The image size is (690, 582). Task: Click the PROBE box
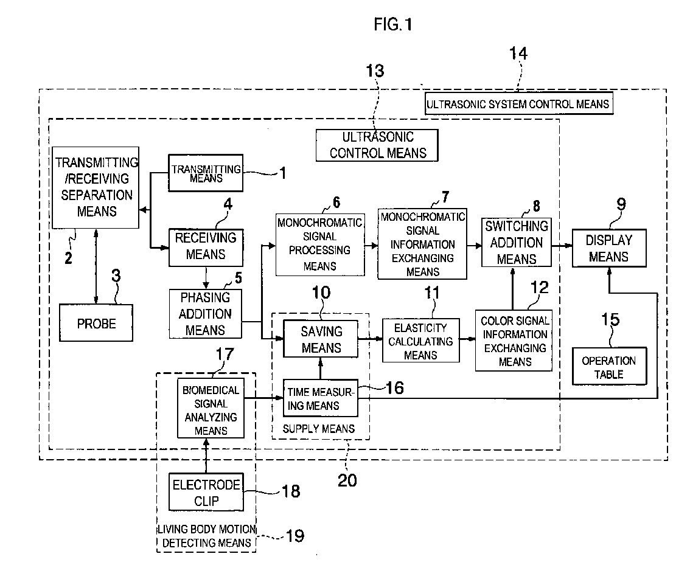[x=96, y=323]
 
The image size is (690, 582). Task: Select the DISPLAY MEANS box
[x=609, y=248]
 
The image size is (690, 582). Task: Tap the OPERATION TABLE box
[x=610, y=367]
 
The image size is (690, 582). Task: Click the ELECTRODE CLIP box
[x=206, y=492]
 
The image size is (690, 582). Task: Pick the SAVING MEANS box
[x=320, y=339]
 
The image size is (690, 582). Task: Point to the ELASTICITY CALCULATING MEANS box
[x=420, y=341]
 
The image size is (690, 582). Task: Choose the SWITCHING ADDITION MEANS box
[x=516, y=243]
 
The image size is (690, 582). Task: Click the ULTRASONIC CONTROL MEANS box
[x=377, y=145]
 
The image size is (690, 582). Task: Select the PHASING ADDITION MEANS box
[x=206, y=314]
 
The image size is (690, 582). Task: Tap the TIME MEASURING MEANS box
[x=320, y=398]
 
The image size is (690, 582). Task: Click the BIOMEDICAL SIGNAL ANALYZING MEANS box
[x=211, y=408]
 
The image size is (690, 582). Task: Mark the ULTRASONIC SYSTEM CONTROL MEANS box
[x=519, y=103]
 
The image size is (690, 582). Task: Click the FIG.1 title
[x=393, y=24]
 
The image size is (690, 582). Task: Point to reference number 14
[x=518, y=54]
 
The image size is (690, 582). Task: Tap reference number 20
[x=347, y=480]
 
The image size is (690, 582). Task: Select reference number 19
[x=295, y=536]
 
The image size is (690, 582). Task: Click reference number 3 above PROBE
[x=116, y=276]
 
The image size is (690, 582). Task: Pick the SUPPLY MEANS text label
[x=319, y=429]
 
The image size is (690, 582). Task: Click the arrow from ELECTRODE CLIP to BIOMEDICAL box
[x=206, y=456]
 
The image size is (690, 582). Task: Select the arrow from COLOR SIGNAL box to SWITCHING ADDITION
[x=513, y=289]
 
